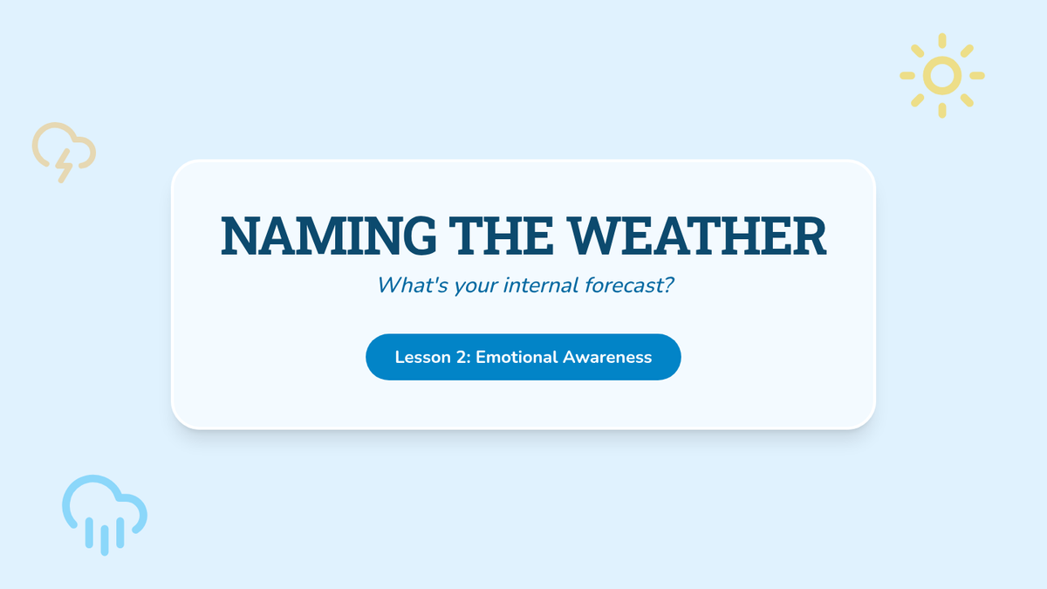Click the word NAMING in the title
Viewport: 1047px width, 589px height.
tap(329, 236)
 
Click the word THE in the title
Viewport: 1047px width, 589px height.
tap(501, 236)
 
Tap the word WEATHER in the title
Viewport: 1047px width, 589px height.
tap(696, 236)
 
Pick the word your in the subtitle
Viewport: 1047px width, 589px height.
tap(476, 287)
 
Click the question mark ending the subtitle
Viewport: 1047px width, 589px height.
tap(668, 284)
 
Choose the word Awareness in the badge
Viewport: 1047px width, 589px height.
tap(607, 357)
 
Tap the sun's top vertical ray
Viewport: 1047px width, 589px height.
tap(942, 41)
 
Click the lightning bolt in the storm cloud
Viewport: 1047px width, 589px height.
tap(64, 166)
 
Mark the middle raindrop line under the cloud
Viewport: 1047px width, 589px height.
tap(105, 540)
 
